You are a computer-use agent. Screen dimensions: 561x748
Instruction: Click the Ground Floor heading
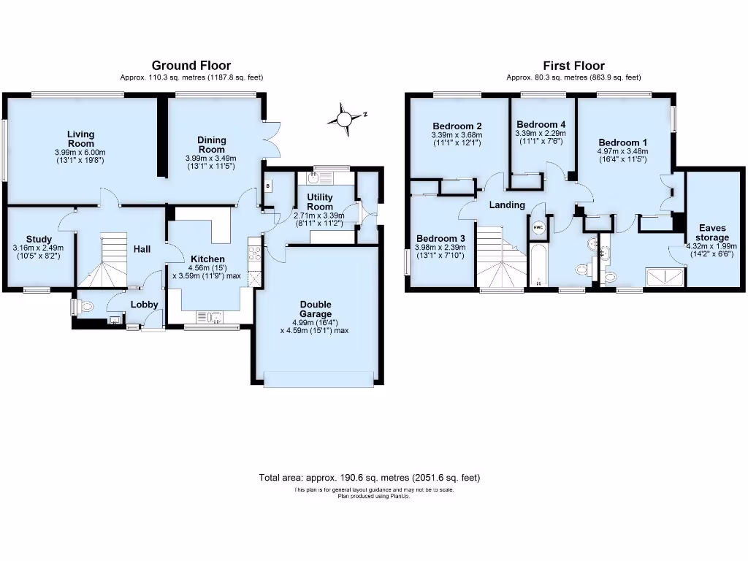pyautogui.click(x=191, y=66)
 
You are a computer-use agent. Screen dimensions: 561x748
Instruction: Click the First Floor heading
pyautogui.click(x=573, y=66)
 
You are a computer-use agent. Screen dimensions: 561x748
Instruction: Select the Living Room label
pyautogui.click(x=81, y=139)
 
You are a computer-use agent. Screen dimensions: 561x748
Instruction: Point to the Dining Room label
pyautogui.click(x=211, y=145)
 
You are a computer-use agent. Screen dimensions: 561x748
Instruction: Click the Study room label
pyautogui.click(x=39, y=239)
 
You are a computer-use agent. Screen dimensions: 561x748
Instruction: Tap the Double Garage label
pyautogui.click(x=315, y=309)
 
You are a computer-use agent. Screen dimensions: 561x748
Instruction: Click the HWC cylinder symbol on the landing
pyautogui.click(x=538, y=227)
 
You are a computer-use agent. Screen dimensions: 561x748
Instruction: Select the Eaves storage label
pyautogui.click(x=711, y=232)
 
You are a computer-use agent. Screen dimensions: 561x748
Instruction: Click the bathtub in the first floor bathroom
pyautogui.click(x=538, y=266)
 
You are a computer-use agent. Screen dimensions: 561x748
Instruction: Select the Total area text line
pyautogui.click(x=370, y=478)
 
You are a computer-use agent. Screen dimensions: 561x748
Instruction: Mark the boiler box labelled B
pyautogui.click(x=268, y=186)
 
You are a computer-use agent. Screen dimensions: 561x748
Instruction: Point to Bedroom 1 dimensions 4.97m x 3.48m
pyautogui.click(x=622, y=152)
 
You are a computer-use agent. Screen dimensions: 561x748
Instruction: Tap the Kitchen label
pyautogui.click(x=208, y=259)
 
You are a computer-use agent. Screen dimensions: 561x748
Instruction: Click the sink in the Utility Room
pyautogui.click(x=321, y=177)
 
